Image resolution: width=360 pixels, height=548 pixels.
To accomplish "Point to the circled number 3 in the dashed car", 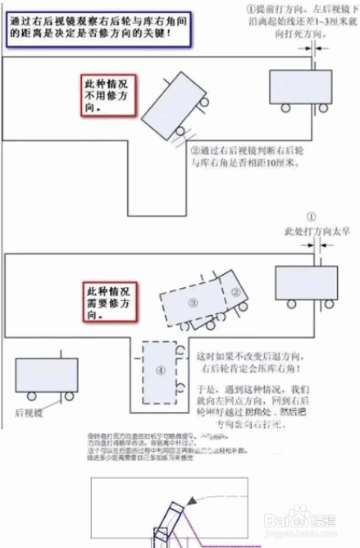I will pyautogui.click(x=194, y=304).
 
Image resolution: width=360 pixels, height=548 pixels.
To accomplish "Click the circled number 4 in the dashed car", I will pyautogui.click(x=160, y=369).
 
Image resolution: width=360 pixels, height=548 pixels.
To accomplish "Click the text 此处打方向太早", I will pyautogui.click(x=312, y=232).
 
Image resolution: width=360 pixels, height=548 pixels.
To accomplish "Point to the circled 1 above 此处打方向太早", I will pyautogui.click(x=312, y=215).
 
